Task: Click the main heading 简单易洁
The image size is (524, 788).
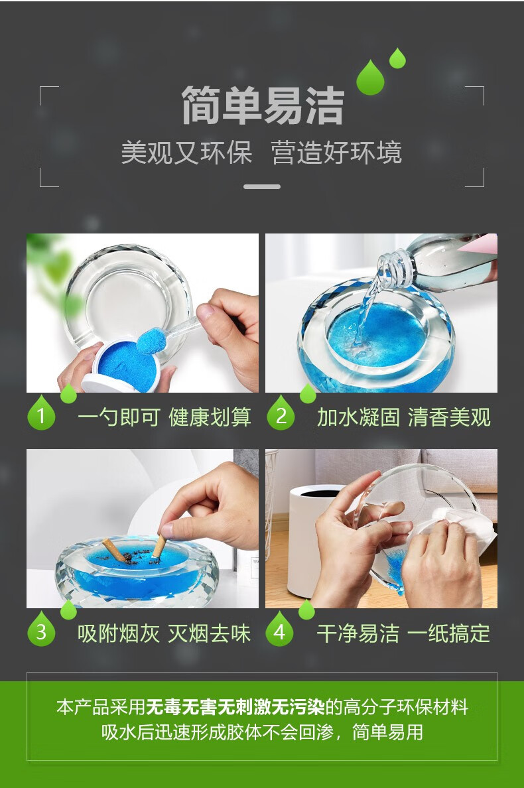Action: coord(262,105)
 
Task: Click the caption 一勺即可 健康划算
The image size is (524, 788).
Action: coord(164,418)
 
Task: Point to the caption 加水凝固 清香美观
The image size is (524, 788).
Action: coord(404,418)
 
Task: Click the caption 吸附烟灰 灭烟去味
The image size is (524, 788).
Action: coord(164,633)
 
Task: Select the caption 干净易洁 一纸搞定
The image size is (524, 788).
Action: coord(403,633)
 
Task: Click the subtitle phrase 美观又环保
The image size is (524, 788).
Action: coord(186,153)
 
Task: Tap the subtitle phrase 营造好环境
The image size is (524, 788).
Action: coord(336,153)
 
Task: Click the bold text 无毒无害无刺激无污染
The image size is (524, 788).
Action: coord(235,707)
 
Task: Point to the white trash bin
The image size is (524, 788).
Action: coord(312,538)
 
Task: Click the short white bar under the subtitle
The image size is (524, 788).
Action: coord(262,186)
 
